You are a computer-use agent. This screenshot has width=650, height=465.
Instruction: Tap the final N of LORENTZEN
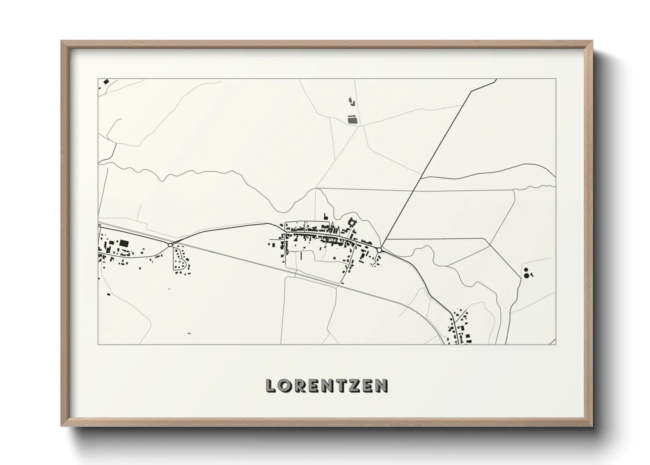point(383,385)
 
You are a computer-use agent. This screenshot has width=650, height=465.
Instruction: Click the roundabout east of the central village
point(379,250)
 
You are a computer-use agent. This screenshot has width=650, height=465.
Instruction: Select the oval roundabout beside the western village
point(170,244)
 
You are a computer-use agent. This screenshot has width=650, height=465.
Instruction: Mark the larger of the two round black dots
point(526,276)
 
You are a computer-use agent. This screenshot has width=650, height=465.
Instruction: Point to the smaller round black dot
point(526,270)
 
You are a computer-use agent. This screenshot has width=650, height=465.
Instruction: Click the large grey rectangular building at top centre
point(352,119)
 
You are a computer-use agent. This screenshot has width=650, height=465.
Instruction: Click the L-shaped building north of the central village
point(326,216)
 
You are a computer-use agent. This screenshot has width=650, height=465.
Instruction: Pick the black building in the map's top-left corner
point(105,81)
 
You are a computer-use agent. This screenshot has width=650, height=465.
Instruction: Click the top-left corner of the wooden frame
point(62,41)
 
